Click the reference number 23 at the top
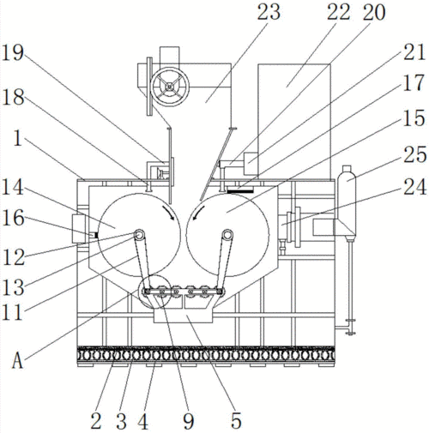point(269,13)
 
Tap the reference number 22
point(338,13)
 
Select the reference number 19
point(12,52)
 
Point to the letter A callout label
point(17,361)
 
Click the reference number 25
point(414,155)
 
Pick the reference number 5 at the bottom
point(236,421)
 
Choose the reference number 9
point(188,421)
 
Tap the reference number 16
point(13,218)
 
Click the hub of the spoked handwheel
point(170,86)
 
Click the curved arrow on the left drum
point(169,212)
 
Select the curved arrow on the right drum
point(198,213)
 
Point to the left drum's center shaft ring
point(139,235)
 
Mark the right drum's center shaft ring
point(227,235)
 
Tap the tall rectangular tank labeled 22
point(294,119)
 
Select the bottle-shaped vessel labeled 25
point(347,202)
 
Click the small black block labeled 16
point(96,235)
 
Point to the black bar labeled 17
point(240,190)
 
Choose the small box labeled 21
point(251,164)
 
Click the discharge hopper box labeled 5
point(183,316)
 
